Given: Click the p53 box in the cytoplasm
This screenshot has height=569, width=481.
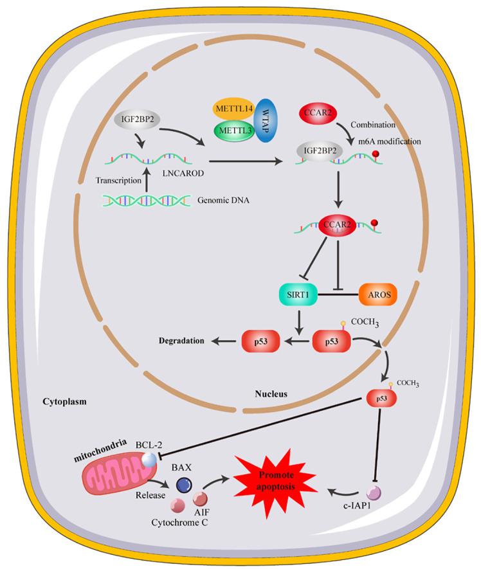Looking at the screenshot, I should (381, 399).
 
